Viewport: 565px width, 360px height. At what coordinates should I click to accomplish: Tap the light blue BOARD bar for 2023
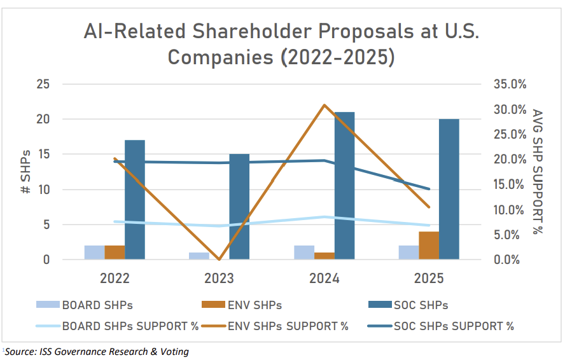pos(199,256)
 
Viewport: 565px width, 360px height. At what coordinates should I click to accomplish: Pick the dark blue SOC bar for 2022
pos(135,200)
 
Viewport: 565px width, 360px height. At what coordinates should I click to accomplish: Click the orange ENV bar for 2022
pos(115,253)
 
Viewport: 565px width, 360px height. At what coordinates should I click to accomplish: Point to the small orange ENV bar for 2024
pos(324,256)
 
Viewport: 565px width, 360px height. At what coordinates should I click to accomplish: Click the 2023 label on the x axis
pos(220,279)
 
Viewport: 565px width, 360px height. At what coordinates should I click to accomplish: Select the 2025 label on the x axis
pos(428,279)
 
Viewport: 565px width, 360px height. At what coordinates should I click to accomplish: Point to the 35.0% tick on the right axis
pos(508,84)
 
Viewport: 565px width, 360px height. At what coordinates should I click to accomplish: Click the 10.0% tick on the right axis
pos(508,210)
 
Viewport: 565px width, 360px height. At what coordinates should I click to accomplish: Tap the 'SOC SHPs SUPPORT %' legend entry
pos(454,326)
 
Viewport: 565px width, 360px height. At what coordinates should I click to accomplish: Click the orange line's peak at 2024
pos(324,105)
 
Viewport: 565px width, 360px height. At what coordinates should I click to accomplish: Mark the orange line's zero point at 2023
pos(220,260)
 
